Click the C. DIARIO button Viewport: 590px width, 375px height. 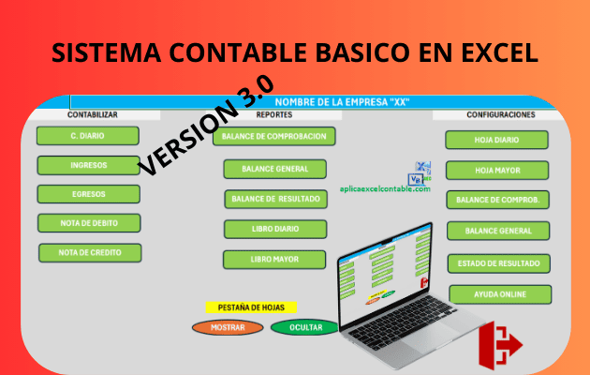pyautogui.click(x=87, y=136)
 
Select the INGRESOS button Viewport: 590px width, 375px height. pyautogui.click(x=88, y=165)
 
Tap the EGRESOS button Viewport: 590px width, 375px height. pyautogui.click(x=88, y=194)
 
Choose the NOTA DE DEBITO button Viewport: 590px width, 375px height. pyautogui.click(x=88, y=223)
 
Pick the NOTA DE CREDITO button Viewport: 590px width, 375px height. pyautogui.click(x=89, y=252)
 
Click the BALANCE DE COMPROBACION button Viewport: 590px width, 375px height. pyautogui.click(x=274, y=136)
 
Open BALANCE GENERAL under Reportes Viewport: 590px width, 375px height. pyautogui.click(x=274, y=170)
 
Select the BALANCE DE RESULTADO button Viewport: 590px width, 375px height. pyautogui.click(x=274, y=199)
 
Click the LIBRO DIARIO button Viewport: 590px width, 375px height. pyautogui.click(x=274, y=229)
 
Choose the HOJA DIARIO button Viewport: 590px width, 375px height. pyautogui.click(x=496, y=141)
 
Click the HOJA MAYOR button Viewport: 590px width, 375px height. pyautogui.click(x=497, y=171)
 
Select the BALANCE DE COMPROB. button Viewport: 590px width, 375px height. pyautogui.click(x=497, y=200)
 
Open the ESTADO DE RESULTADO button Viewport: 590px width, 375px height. pyautogui.click(x=498, y=263)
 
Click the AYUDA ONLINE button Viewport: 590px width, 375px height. pyautogui.click(x=499, y=294)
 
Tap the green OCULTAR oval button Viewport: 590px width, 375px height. pyautogui.click(x=304, y=327)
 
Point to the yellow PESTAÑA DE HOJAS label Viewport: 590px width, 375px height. pyautogui.click(x=251, y=307)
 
